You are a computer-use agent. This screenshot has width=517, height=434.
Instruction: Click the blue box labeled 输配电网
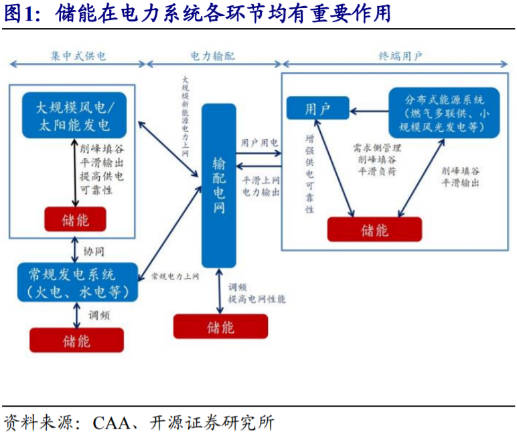click(x=220, y=185)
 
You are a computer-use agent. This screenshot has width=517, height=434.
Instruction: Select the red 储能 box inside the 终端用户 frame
click(x=374, y=230)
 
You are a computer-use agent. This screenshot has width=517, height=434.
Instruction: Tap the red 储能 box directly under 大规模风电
click(x=75, y=219)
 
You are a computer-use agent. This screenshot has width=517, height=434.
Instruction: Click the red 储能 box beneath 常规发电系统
click(x=76, y=340)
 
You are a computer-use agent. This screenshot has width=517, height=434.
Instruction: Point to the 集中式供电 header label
click(x=78, y=56)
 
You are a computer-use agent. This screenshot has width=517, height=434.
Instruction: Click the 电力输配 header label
click(x=213, y=56)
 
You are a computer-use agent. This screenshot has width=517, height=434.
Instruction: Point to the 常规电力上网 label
click(x=175, y=275)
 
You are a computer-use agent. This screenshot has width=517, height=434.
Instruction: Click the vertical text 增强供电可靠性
click(x=309, y=174)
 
